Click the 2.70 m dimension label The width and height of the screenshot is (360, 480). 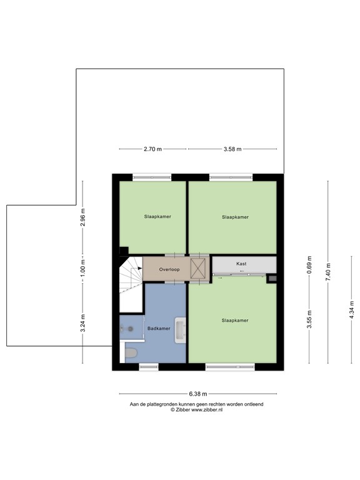pos(152,149)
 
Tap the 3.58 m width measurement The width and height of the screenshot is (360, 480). pos(232,149)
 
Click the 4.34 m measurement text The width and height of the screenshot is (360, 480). pos(351,311)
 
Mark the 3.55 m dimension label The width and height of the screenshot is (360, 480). pos(308,320)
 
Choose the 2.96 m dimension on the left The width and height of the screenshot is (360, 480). pos(82,217)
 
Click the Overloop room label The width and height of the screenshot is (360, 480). pos(169,269)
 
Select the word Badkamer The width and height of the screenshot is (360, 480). pos(158,328)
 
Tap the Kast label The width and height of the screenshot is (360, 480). pos(241,264)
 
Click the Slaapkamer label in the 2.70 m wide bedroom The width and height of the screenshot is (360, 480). pos(157,216)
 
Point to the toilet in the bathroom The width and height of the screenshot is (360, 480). pos(131,354)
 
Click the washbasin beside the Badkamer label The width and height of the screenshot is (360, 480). pos(181,330)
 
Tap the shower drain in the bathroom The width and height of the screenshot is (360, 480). pos(131,328)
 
